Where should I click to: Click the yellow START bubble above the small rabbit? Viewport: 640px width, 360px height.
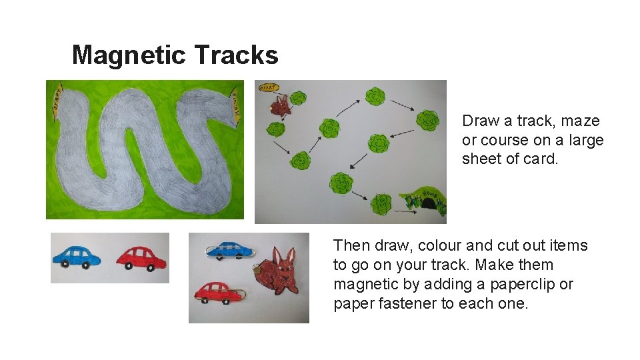267,87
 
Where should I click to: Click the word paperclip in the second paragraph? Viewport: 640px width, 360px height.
525,285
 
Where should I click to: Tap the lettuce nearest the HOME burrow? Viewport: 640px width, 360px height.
381,203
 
